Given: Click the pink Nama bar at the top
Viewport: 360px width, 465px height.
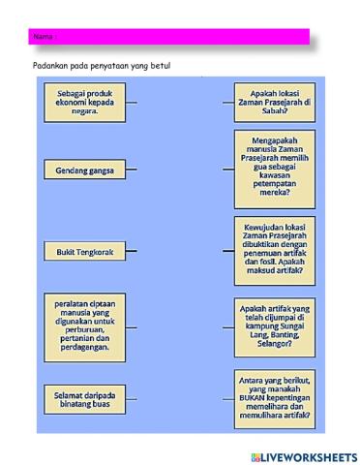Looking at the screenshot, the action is click(x=169, y=37).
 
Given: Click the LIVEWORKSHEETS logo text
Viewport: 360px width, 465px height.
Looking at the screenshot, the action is click(x=309, y=456).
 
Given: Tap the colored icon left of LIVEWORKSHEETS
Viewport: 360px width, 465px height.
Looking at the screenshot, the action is click(x=255, y=456).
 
